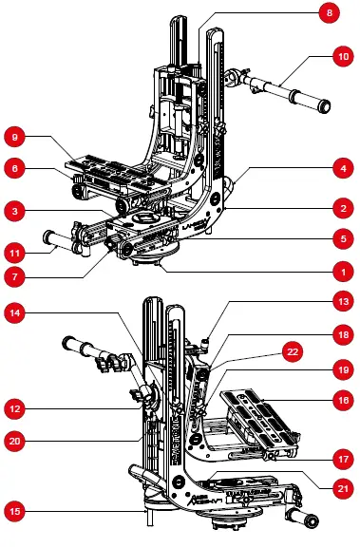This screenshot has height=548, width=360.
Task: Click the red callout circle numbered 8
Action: [330, 13]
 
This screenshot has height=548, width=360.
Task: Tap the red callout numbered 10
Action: [343, 56]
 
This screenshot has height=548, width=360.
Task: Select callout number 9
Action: [14, 137]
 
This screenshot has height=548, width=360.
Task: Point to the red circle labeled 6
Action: [14, 168]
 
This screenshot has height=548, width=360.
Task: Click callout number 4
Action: [343, 168]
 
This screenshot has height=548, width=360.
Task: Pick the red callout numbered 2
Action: [343, 209]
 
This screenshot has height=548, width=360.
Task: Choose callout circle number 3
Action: [14, 211]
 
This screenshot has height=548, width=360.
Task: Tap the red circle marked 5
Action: [343, 238]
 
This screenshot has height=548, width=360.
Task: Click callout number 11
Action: [14, 253]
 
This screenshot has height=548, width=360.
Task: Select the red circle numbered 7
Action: [14, 277]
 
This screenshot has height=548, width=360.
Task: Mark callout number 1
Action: [343, 272]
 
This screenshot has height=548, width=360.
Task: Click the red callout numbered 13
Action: [343, 301]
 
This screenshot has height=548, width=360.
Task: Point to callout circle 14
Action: [14, 312]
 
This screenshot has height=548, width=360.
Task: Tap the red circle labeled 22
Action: [293, 351]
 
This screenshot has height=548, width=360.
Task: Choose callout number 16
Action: [343, 400]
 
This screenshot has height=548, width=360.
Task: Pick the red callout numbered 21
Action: [343, 488]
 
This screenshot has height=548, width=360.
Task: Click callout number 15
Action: [14, 512]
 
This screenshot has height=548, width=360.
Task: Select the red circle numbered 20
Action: [14, 441]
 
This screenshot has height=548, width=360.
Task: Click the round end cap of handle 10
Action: [323, 106]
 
